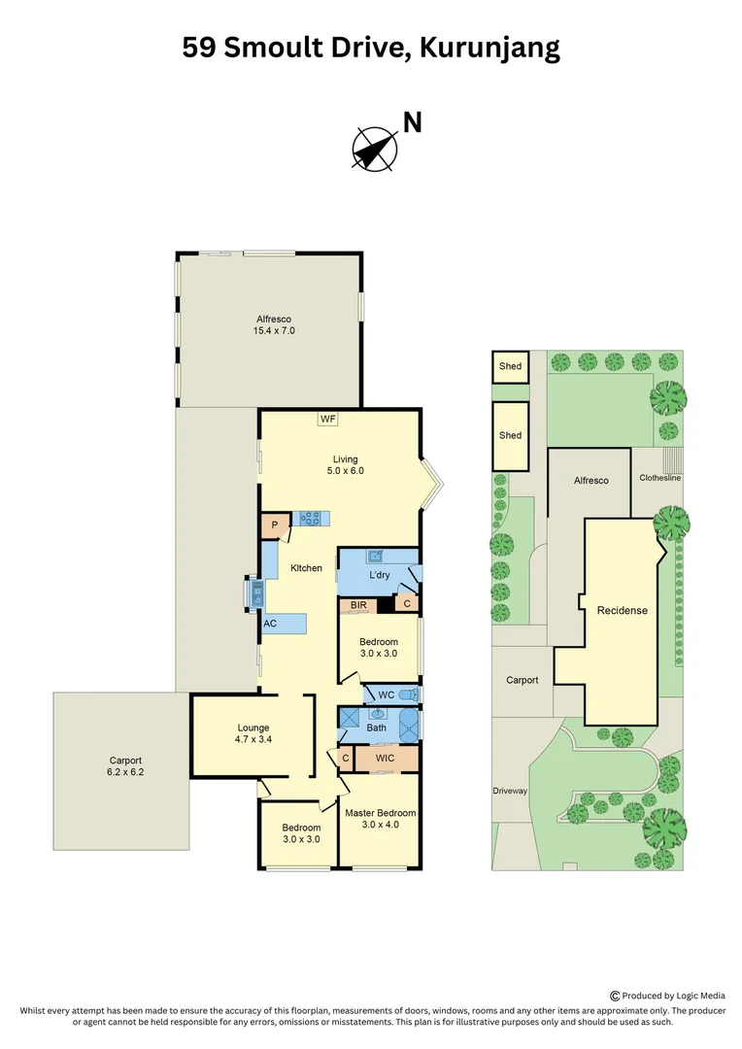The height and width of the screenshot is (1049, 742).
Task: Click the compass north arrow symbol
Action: [375, 149]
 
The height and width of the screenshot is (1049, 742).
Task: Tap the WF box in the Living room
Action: [327, 419]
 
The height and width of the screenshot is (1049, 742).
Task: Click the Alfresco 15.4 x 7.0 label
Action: [274, 324]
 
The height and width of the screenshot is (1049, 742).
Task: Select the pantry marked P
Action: [275, 524]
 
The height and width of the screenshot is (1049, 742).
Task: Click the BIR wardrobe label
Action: [357, 605]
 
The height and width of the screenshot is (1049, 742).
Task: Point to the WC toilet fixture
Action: [412, 694]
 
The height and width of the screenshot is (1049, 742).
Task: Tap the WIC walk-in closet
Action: [386, 758]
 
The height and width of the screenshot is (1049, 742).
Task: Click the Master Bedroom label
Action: [380, 818]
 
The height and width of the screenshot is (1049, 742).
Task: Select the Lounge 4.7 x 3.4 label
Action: [253, 733]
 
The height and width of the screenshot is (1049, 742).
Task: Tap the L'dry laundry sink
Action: [375, 556]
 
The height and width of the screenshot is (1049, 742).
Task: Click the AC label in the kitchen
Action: [270, 624]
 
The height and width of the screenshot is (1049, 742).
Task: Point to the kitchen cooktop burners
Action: [312, 519]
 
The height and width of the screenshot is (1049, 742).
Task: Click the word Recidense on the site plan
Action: [622, 611]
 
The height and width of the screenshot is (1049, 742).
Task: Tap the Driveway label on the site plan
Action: [509, 791]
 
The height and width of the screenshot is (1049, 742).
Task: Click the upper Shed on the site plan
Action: [510, 366]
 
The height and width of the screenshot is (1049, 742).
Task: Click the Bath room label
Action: [376, 727]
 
